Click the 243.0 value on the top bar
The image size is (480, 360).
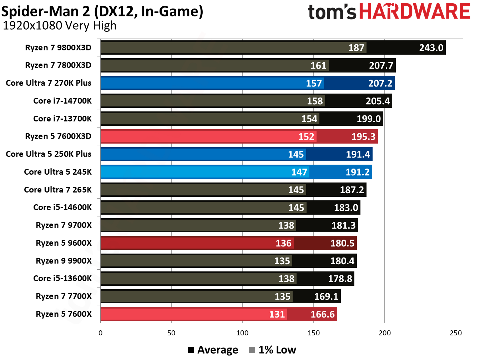(x=431, y=48)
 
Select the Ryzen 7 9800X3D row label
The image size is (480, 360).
(x=58, y=47)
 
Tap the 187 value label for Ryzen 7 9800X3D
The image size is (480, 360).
(x=356, y=48)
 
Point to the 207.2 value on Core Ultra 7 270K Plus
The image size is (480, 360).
(x=380, y=83)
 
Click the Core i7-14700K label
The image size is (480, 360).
(x=62, y=101)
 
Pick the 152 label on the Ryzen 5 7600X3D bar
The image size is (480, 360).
(x=306, y=136)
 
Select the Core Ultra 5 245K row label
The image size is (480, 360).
(x=58, y=172)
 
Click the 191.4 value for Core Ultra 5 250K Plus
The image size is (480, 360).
(x=358, y=154)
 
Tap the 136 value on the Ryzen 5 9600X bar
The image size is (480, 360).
(x=283, y=243)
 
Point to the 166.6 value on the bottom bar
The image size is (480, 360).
(x=322, y=314)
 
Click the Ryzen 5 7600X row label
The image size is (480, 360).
(x=64, y=314)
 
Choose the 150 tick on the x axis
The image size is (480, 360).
(x=313, y=333)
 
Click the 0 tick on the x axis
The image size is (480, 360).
(x=100, y=333)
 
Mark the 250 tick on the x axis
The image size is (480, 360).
(x=455, y=333)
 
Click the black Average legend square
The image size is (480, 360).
(x=191, y=350)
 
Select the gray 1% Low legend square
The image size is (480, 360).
(x=252, y=350)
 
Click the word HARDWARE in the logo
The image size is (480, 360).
(x=414, y=11)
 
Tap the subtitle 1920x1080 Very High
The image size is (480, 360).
(x=60, y=26)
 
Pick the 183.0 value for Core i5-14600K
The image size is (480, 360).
(x=346, y=207)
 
